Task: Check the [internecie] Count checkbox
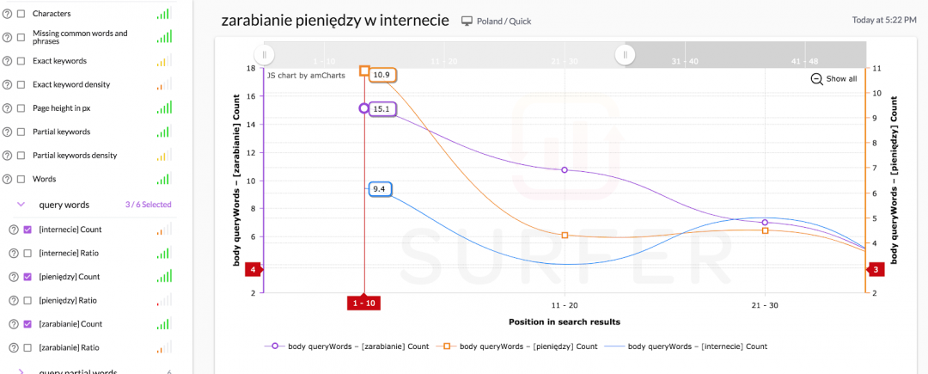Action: [27, 230]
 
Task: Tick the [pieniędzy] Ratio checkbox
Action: [27, 300]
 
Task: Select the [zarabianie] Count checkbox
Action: [27, 324]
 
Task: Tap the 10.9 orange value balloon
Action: [382, 75]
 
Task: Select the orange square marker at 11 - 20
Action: [565, 236]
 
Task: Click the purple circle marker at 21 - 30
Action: [765, 222]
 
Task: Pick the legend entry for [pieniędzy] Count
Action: [520, 346]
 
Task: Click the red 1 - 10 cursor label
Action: [364, 303]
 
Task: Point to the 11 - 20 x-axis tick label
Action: [564, 305]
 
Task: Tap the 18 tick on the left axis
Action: [251, 68]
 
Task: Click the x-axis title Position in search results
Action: [564, 322]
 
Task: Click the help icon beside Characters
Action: [8, 14]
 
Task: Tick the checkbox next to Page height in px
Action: [21, 108]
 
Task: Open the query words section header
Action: [64, 205]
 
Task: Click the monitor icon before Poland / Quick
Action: [467, 21]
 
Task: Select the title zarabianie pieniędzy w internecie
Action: [335, 20]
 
